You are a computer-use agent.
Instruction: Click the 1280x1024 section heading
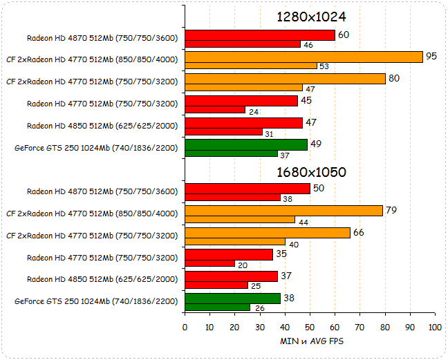click(311, 17)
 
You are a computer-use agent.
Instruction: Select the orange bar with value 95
click(304, 57)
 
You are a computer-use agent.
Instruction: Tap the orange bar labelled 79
click(283, 211)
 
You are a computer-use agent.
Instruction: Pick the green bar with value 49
click(246, 144)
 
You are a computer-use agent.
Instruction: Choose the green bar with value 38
click(232, 299)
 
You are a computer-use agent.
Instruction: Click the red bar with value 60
click(260, 35)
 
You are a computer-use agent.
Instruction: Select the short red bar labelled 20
click(209, 263)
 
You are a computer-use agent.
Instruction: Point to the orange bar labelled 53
click(251, 66)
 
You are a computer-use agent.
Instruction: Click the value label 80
click(394, 77)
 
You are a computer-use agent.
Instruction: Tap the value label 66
click(358, 232)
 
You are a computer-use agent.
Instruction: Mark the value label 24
click(253, 111)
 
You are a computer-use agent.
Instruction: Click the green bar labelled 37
click(231, 153)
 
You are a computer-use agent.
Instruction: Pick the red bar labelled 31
click(223, 132)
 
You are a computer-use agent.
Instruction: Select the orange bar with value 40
click(235, 242)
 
